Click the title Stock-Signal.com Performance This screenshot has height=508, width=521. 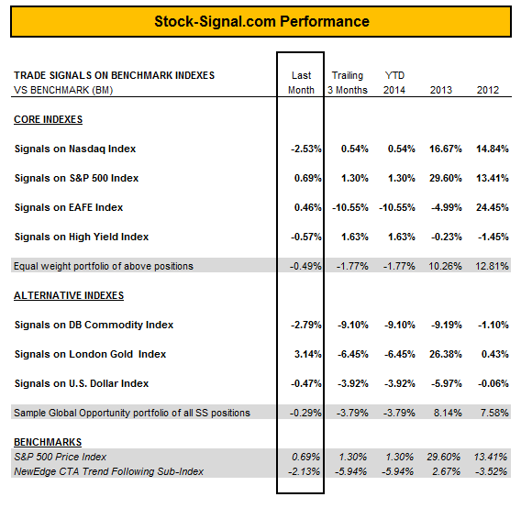click(261, 22)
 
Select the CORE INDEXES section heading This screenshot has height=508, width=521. click(49, 119)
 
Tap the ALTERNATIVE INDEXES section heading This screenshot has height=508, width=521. click(69, 295)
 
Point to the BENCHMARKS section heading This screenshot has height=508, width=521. click(48, 442)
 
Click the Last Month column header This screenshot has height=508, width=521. click(301, 83)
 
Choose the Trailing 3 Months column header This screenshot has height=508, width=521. click(348, 83)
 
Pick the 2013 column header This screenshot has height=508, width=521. click(441, 90)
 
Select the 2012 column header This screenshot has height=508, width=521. click(488, 90)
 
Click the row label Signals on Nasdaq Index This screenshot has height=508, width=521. click(75, 149)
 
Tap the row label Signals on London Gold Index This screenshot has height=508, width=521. click(90, 354)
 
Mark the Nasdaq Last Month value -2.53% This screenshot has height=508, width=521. click(306, 149)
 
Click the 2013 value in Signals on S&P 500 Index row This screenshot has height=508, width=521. click(446, 179)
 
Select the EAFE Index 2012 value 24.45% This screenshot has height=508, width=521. click(492, 207)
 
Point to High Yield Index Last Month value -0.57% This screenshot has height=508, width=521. click(306, 237)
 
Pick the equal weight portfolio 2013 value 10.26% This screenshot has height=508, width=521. click(445, 266)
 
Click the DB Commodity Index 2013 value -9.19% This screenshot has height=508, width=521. click(446, 325)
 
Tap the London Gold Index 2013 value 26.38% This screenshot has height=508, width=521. click(446, 354)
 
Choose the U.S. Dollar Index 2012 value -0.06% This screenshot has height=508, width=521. click(493, 383)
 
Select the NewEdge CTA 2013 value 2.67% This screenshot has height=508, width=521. click(446, 471)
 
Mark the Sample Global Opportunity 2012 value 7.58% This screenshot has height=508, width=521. click(494, 413)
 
